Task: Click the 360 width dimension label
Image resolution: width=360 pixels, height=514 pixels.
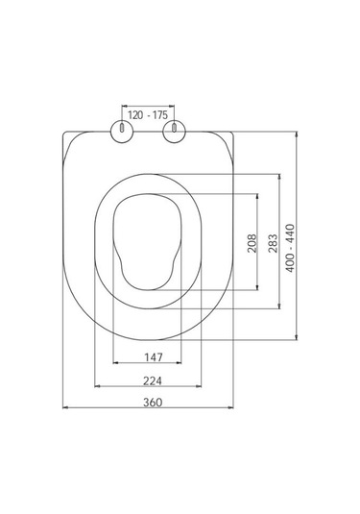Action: [x=153, y=402]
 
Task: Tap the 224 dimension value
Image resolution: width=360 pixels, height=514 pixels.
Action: [x=153, y=380]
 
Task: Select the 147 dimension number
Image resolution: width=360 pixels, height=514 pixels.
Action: [x=154, y=357]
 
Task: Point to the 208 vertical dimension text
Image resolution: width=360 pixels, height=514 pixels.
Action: [x=252, y=243]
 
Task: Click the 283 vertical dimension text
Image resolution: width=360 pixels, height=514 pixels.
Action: [x=273, y=243]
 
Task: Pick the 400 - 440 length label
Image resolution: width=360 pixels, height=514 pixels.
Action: [x=290, y=248]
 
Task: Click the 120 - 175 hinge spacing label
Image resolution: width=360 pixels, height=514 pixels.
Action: [x=148, y=115]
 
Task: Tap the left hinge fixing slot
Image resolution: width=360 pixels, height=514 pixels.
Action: [x=122, y=128]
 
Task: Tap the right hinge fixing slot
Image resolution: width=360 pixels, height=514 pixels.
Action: [x=175, y=128]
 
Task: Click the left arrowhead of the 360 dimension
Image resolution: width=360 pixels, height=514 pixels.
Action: [x=65, y=407]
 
